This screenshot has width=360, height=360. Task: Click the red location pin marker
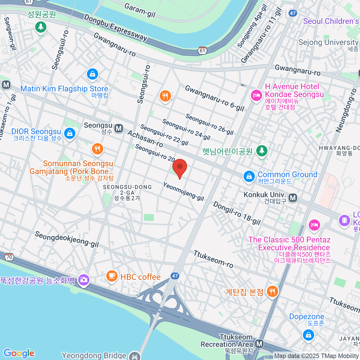point(180,167)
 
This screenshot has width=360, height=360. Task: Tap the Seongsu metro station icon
point(119,128)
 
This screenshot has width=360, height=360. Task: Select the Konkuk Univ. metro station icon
point(293,198)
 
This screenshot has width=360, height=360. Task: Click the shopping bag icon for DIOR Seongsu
point(70,133)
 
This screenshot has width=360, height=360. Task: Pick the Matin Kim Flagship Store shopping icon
point(92,74)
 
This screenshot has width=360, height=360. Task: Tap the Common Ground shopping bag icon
point(249,176)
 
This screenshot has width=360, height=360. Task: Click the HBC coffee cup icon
point(112,275)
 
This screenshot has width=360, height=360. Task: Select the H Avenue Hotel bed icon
point(256,95)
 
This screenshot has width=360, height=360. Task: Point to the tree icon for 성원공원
point(40,27)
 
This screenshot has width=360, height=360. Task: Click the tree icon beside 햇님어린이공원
point(262,151)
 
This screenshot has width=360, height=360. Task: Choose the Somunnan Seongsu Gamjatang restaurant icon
point(97,148)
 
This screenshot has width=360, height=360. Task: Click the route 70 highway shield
point(9,257)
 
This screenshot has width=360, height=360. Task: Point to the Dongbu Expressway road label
point(115,28)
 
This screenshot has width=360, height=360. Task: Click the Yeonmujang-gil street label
point(183,191)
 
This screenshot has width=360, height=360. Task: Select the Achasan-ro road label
point(145,139)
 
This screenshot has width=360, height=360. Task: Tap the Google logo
point(19,353)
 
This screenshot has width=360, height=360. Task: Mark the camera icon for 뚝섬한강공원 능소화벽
point(83,280)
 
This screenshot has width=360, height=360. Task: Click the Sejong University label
point(328,42)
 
